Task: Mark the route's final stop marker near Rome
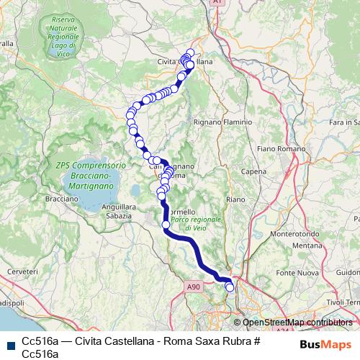click(x=230, y=287)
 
